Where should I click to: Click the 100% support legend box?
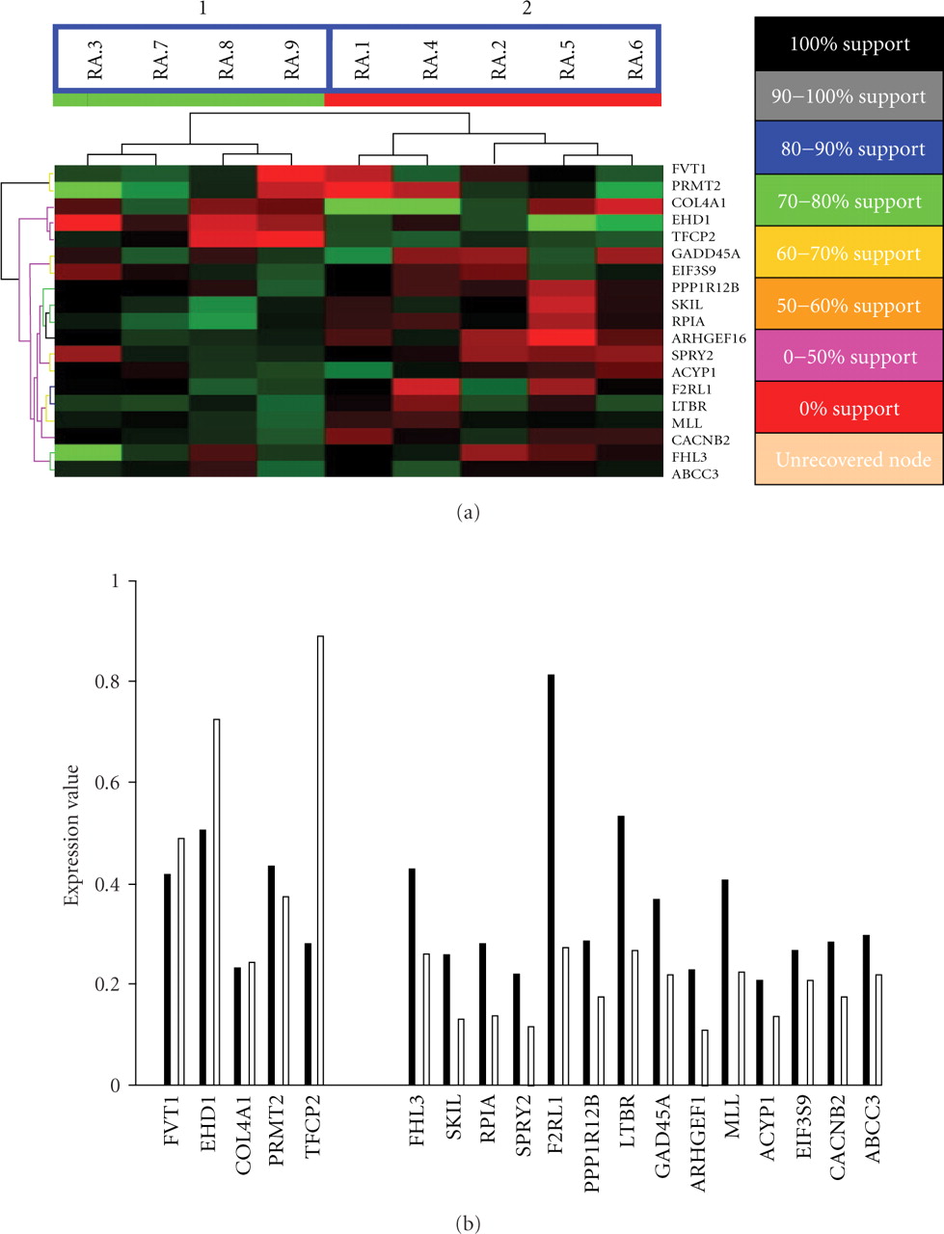[849, 44]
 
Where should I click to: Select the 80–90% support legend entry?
[849, 149]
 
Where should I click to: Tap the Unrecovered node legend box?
[849, 460]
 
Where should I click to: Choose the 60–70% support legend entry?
[849, 254]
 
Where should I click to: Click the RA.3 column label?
[94, 60]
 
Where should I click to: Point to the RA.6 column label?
[635, 60]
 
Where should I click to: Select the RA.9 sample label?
[292, 60]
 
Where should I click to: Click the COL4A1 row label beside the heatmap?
[699, 203]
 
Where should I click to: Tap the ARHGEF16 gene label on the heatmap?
[708, 338]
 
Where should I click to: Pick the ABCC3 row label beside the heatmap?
[695, 473]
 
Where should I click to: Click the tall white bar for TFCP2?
[320, 860]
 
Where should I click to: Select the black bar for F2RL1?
[551, 879]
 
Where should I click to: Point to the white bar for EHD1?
[216, 901]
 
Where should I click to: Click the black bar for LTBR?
[621, 950]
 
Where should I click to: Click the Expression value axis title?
[71, 835]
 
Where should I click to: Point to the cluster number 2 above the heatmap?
[526, 9]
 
